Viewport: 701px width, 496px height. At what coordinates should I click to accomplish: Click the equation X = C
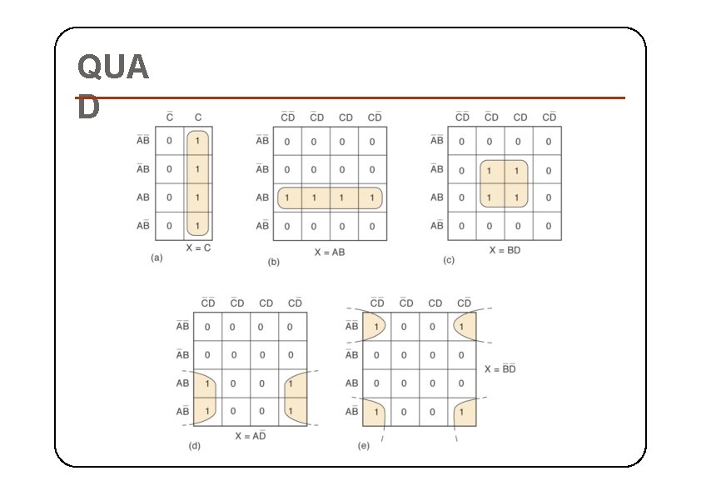198,248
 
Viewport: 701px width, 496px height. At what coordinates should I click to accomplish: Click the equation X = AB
330,252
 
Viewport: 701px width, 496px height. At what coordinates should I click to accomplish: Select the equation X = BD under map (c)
505,250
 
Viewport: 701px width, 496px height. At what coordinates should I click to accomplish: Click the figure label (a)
157,258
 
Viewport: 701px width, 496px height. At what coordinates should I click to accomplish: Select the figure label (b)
274,262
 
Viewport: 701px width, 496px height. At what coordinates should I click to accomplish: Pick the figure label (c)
449,260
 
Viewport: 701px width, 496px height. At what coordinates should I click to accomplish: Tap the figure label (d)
195,446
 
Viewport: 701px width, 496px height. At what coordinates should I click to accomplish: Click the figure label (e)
364,446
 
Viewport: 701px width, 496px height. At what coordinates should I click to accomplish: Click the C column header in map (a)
197,118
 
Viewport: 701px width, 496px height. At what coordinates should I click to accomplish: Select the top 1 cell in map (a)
197,141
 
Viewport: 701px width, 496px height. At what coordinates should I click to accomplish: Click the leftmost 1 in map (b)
287,198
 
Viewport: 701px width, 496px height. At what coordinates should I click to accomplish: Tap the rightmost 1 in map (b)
372,198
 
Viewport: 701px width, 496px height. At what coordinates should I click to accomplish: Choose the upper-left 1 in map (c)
490,170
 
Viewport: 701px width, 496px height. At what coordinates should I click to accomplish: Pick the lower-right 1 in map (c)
518,198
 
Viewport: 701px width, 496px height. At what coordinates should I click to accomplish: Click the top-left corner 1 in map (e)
375,327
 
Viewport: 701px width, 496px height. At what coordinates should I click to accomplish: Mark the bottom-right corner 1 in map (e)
461,411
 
